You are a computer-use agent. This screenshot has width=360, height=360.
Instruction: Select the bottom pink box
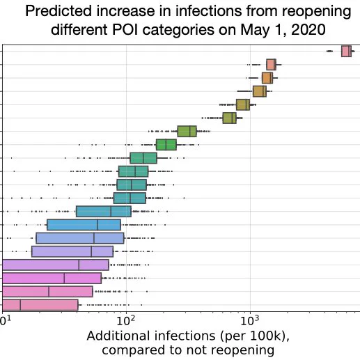40,305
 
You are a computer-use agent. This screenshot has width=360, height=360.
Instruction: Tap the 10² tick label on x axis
125,320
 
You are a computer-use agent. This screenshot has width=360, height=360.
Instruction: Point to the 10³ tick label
249,320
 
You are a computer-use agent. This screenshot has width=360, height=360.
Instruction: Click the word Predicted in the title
58,11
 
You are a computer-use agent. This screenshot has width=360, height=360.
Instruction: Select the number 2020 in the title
308,29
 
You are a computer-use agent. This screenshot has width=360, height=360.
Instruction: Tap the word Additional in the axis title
118,336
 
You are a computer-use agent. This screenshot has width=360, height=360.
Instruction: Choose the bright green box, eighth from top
166,145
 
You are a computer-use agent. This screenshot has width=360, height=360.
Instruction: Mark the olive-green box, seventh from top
187,132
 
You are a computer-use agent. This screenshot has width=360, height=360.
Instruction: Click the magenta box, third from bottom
52,278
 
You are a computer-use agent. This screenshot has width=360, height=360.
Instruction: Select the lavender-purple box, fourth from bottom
56,265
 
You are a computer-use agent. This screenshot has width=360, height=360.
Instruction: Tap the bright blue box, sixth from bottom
84,225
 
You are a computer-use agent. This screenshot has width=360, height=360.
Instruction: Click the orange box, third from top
267,78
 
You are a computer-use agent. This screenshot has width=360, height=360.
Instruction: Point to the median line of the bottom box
20,305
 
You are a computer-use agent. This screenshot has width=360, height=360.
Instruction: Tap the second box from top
271,65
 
